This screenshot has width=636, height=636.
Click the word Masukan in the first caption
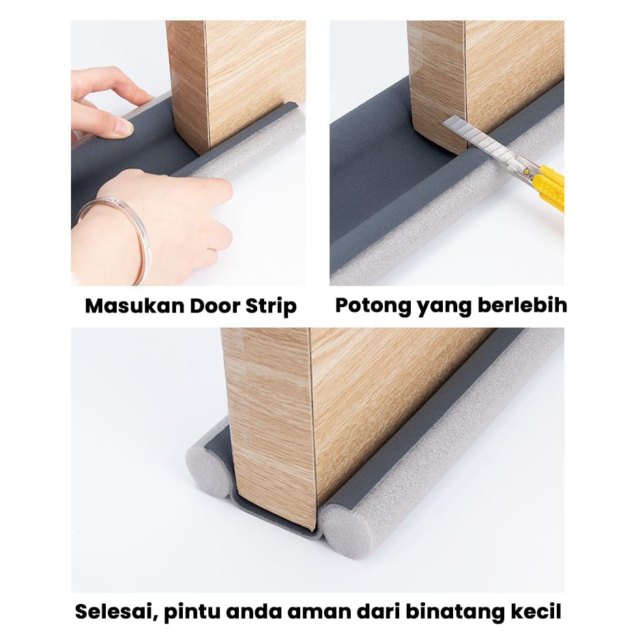point(126,306)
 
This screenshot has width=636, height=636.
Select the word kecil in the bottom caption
point(536,611)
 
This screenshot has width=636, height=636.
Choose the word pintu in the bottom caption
point(195,611)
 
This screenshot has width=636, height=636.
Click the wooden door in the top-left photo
point(235,75)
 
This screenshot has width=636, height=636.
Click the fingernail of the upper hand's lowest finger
point(123,126)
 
